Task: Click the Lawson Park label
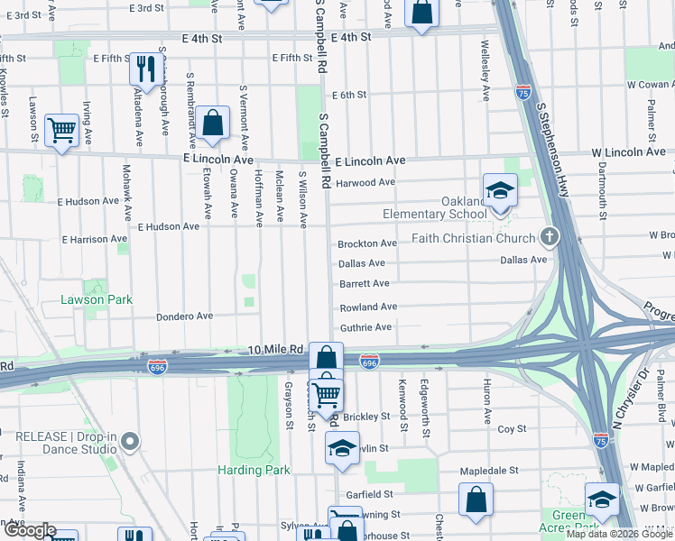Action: pyautogui.click(x=97, y=299)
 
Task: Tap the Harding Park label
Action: pyautogui.click(x=254, y=470)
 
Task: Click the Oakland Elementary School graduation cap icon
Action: pyautogui.click(x=498, y=190)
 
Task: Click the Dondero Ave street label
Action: pyautogui.click(x=184, y=316)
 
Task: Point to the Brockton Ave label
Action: pyautogui.click(x=367, y=244)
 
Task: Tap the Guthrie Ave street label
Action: pyautogui.click(x=365, y=327)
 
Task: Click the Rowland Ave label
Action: pyautogui.click(x=368, y=307)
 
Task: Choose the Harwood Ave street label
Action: pyautogui.click(x=365, y=182)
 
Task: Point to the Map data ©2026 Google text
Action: pyautogui.click(x=619, y=534)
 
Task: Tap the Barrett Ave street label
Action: pyautogui.click(x=364, y=283)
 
